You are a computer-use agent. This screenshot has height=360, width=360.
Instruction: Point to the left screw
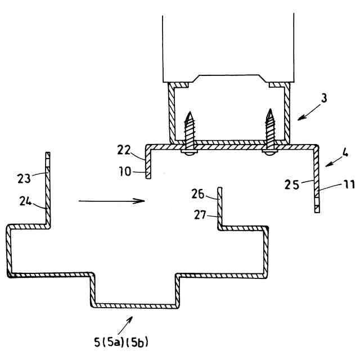point(190,132)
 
